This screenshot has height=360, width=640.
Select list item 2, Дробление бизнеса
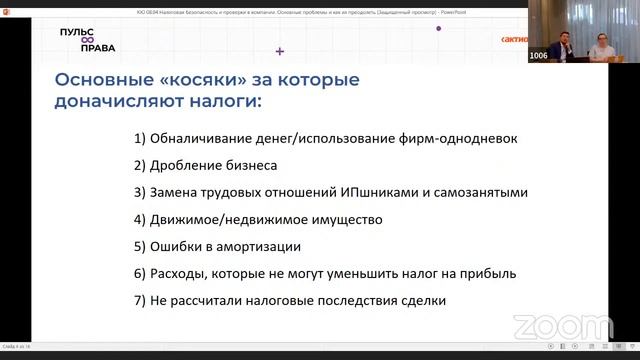pos(212,164)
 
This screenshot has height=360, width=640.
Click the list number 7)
pos(139,300)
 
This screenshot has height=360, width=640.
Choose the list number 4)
pos(139,219)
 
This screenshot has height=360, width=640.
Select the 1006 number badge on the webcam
pos(538,55)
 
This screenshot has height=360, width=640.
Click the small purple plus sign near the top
pos(279,50)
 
